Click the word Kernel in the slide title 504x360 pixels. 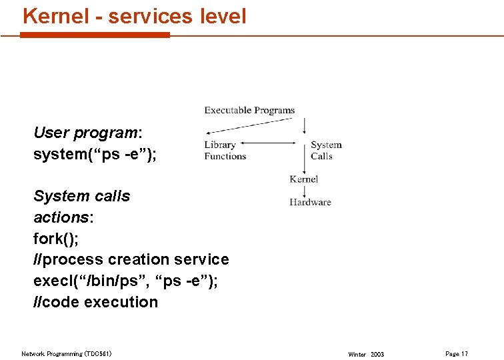[x=56, y=15]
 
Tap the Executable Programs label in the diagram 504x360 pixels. [x=249, y=110]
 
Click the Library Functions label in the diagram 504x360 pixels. [x=225, y=151]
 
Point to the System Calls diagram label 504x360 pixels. [x=326, y=151]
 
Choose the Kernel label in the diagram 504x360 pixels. [x=304, y=179]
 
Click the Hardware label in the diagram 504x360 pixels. [x=310, y=202]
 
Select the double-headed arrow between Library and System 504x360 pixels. [x=269, y=143]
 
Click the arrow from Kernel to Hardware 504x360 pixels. [x=305, y=191]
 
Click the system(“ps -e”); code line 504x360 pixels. [x=95, y=155]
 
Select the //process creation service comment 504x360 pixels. [x=131, y=259]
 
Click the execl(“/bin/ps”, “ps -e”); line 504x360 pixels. [x=125, y=281]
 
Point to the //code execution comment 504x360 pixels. [x=96, y=302]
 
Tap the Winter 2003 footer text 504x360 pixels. [x=366, y=354]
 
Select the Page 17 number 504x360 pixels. [x=457, y=353]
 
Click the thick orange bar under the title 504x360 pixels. [x=95, y=35]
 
